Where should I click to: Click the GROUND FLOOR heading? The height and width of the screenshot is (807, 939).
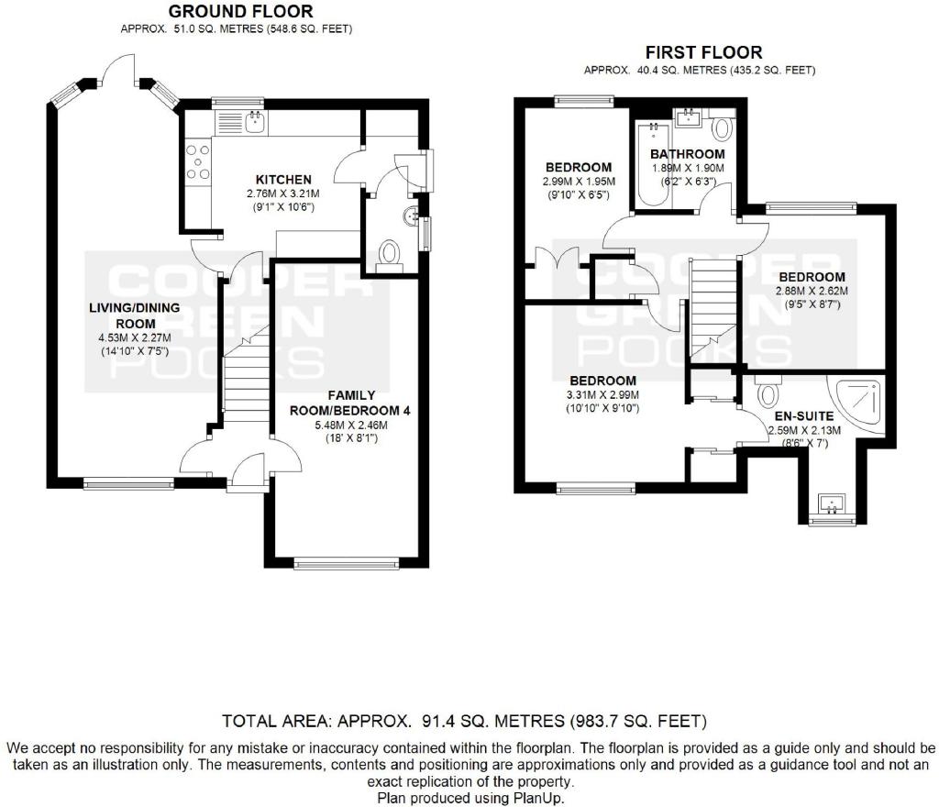click(x=240, y=11)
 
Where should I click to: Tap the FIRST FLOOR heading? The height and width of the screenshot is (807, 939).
click(x=703, y=52)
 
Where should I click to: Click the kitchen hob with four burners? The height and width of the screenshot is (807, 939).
click(x=198, y=162)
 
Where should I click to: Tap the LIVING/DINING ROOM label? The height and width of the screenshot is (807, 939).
click(x=135, y=315)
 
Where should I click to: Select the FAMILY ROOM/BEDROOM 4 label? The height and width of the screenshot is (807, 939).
click(x=350, y=403)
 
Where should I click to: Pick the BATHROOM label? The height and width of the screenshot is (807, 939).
click(x=688, y=154)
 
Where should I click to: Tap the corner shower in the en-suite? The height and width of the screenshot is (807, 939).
click(x=856, y=404)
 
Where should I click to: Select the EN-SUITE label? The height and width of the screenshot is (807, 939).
click(x=804, y=416)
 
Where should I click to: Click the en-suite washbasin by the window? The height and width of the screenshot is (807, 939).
click(x=832, y=503)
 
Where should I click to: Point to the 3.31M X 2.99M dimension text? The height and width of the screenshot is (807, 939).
click(x=602, y=395)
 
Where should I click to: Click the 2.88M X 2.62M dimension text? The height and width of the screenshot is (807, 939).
click(x=812, y=292)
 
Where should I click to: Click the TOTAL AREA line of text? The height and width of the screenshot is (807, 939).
click(x=464, y=721)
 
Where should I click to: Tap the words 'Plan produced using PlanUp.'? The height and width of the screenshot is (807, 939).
click(x=470, y=798)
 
